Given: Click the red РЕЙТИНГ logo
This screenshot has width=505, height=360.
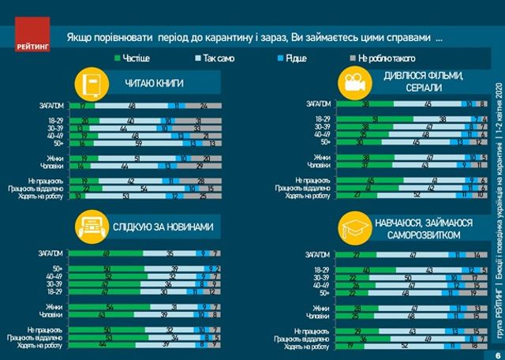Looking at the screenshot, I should [32, 36].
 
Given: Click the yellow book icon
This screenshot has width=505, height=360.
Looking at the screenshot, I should [91, 84].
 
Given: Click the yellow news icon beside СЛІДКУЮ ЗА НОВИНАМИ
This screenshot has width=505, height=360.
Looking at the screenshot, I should [91, 227].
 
